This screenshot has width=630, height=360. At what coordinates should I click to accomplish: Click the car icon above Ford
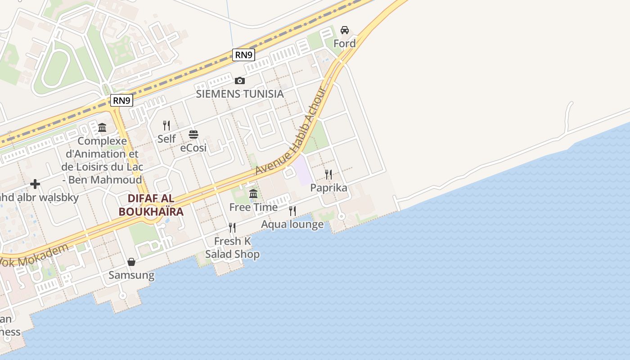tap(345, 30)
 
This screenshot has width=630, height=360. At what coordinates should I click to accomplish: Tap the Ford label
tap(344, 44)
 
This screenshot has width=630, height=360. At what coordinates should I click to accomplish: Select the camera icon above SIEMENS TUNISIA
tap(240, 81)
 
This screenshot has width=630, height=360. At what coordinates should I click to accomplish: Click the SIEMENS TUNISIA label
tap(240, 94)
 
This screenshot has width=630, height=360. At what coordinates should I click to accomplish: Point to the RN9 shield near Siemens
tap(244, 55)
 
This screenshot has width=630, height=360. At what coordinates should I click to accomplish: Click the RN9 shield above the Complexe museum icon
tap(121, 100)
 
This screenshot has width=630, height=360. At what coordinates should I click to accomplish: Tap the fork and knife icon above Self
tap(166, 125)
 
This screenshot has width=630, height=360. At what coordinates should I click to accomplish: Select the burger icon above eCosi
tap(193, 134)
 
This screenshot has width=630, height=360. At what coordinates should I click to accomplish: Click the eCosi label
tap(193, 148)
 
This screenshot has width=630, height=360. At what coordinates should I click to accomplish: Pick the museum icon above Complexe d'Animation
tap(102, 127)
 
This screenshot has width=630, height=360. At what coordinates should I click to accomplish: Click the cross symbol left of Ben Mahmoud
tap(35, 184)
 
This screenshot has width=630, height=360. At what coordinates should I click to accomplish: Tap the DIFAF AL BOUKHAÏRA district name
tap(151, 205)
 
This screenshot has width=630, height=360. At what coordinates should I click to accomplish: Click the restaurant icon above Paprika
tap(328, 174)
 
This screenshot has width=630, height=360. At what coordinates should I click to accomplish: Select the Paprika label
tap(329, 188)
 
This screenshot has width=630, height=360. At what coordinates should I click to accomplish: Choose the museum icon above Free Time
tap(253, 194)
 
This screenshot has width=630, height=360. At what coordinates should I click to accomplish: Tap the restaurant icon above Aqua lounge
tap(292, 211)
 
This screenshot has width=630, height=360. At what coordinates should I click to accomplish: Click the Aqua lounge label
tap(292, 224)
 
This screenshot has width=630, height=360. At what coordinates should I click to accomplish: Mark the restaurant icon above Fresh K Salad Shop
tap(232, 228)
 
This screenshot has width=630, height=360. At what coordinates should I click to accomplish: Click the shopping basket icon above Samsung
tap(131, 261)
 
